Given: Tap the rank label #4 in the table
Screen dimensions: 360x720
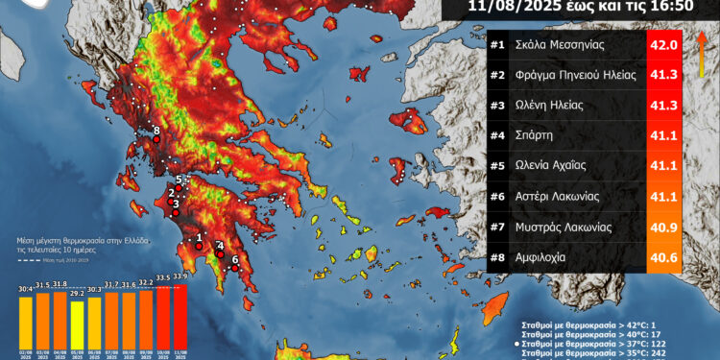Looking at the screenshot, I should pyautogui.click(x=497, y=135).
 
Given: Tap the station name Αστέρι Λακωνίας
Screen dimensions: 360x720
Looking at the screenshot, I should pyautogui.click(x=558, y=196).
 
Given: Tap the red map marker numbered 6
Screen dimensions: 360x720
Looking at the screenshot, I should pyautogui.click(x=235, y=268).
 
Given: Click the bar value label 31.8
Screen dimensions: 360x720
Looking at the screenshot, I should pyautogui.click(x=60, y=284).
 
